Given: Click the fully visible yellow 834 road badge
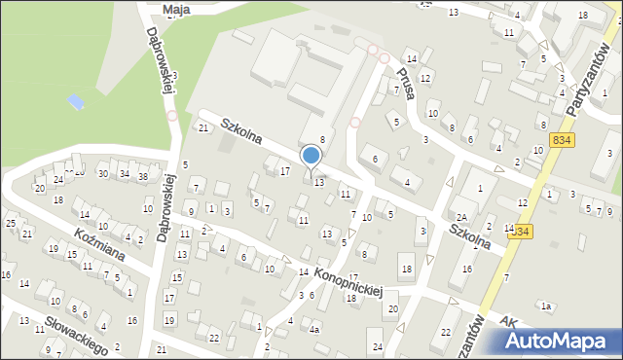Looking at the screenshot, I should [562, 140].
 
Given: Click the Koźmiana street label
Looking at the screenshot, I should [96, 247].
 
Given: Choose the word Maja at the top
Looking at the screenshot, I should [176, 9].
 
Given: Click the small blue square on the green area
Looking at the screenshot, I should [76, 100].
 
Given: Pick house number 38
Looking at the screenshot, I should [142, 176].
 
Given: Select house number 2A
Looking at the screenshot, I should [462, 216].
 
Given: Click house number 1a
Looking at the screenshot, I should [547, 306].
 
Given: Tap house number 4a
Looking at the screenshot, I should [314, 329].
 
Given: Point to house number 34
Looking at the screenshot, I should [124, 174].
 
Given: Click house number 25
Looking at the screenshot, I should [11, 224].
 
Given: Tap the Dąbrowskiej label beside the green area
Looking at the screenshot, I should [161, 60].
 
